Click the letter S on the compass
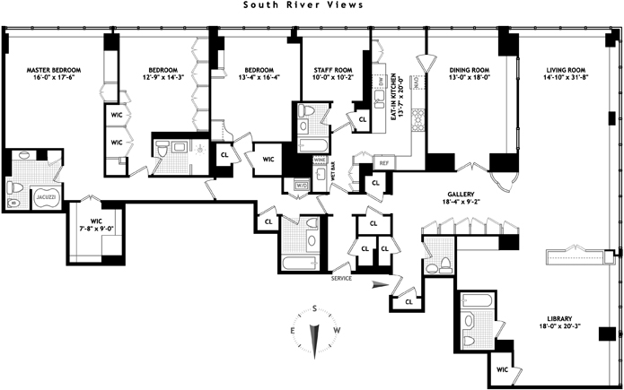(x=316, y=308)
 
